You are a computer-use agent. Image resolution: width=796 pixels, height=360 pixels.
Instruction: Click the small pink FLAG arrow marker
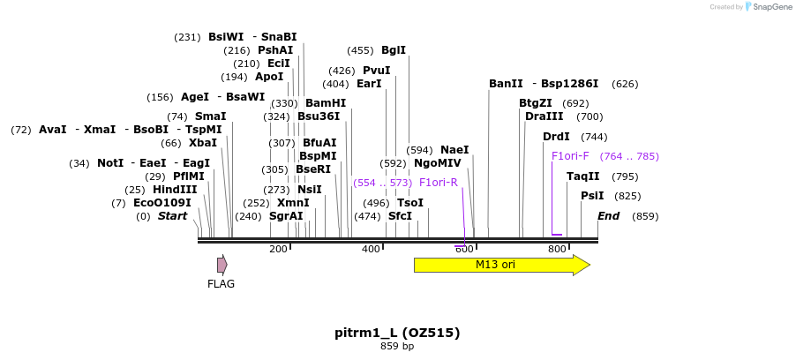tap(222, 265)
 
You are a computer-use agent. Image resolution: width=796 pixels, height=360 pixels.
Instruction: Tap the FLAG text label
tap(221, 284)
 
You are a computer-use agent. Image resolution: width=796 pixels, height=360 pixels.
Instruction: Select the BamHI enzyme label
tap(325, 103)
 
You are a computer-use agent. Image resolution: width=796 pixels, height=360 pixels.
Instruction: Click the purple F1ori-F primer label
tap(569, 156)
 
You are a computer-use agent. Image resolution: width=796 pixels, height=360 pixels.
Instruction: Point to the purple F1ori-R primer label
tap(438, 183)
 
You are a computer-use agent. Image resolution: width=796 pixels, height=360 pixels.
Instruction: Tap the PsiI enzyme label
tap(592, 196)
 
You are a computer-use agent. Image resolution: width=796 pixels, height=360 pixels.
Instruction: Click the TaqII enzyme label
tap(582, 176)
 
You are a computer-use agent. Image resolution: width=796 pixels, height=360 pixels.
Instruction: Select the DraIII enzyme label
tap(544, 116)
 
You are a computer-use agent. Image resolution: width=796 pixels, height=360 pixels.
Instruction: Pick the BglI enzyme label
tap(394, 50)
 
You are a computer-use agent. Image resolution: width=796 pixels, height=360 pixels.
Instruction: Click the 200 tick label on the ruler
tap(278, 250)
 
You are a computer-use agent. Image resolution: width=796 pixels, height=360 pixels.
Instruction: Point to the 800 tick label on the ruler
tap(557, 250)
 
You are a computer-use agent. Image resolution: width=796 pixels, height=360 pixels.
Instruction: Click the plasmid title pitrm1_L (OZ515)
tap(397, 333)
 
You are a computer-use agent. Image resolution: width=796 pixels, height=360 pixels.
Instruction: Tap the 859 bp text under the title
tap(397, 347)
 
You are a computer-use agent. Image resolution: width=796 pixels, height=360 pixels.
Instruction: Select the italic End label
tap(608, 216)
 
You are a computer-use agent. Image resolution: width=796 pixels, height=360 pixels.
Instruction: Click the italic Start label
tap(172, 216)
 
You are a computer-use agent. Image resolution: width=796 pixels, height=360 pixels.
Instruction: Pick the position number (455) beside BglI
tap(360, 50)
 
